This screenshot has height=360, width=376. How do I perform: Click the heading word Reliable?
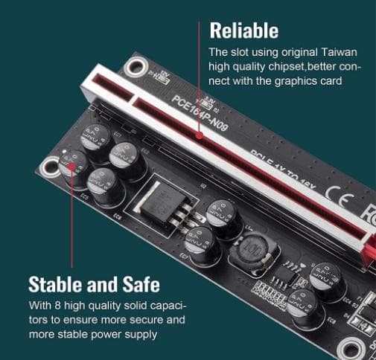coord(243,30)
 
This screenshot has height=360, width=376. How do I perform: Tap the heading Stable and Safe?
coord(94,284)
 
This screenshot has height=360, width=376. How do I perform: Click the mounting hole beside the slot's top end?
coord(135,68)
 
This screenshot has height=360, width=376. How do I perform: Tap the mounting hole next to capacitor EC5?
coord(50,170)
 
